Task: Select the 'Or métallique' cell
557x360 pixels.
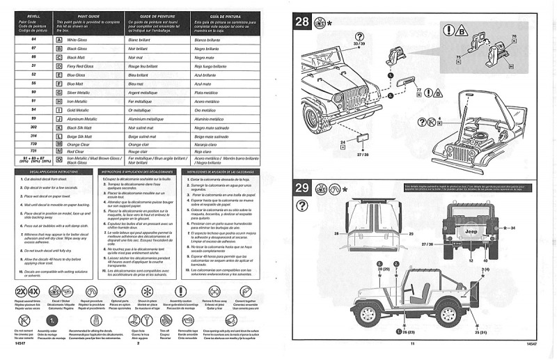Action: click(143, 110)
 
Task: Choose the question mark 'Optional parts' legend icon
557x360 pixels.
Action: click(120, 291)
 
